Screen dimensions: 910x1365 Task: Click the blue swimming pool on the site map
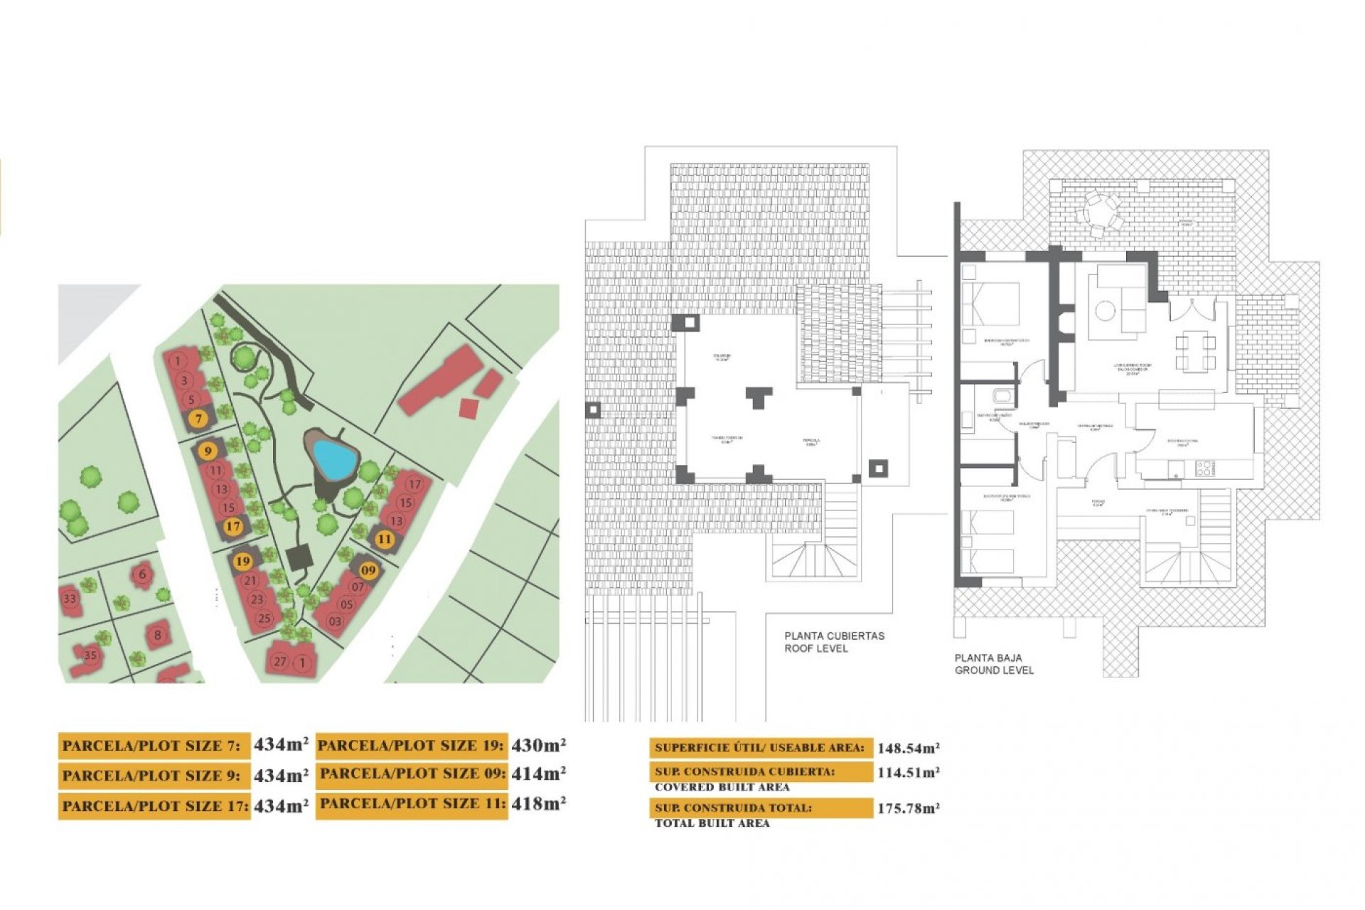click(x=334, y=459)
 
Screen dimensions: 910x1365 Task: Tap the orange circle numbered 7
click(x=199, y=419)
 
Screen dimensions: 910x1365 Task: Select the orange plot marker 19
click(x=242, y=561)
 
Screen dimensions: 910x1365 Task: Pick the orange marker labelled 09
click(x=368, y=570)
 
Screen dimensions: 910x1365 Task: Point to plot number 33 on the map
click(x=70, y=599)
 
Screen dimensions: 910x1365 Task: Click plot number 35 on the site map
click(x=90, y=655)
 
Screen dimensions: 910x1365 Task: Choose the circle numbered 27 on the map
click(x=280, y=662)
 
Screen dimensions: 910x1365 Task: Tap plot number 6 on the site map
click(x=143, y=574)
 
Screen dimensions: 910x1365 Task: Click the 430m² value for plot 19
click(x=538, y=745)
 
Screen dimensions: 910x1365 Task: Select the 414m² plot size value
click(x=538, y=774)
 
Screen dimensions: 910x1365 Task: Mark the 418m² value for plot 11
click(x=538, y=804)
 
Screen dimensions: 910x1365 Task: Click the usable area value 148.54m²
click(x=908, y=748)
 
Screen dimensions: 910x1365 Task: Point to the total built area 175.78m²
click(x=908, y=808)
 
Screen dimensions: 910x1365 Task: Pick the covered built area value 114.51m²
click(x=908, y=773)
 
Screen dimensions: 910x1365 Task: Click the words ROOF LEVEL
click(x=815, y=648)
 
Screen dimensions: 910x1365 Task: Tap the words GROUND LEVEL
click(x=994, y=670)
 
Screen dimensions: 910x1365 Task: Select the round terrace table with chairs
click(x=1100, y=211)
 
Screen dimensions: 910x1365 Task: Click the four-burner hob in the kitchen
click(x=1204, y=468)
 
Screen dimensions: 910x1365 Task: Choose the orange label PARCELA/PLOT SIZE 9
click(x=154, y=776)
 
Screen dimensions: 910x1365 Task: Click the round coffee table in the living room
click(x=1105, y=311)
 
